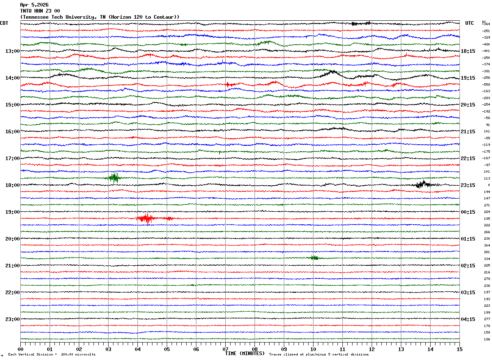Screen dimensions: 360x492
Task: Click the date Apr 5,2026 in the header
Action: coord(34,5)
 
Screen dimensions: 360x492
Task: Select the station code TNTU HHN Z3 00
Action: coord(40,11)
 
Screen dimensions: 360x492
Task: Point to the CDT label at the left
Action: coord(4,23)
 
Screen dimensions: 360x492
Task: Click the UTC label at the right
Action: coord(470,23)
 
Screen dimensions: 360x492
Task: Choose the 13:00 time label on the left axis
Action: coord(12,51)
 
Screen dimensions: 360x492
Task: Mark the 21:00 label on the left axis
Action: coord(12,266)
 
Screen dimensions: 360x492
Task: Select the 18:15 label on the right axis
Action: coord(468,51)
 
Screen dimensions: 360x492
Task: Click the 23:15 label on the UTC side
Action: coord(468,185)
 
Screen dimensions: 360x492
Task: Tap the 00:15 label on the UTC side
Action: coord(468,212)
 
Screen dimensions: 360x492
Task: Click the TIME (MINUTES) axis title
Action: coord(245,353)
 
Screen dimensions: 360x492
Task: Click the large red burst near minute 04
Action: coord(146,219)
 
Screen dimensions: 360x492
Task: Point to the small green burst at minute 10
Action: coord(314,258)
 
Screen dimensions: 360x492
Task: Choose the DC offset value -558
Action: coord(486,85)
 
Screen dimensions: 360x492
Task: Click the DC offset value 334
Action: coord(487,259)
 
